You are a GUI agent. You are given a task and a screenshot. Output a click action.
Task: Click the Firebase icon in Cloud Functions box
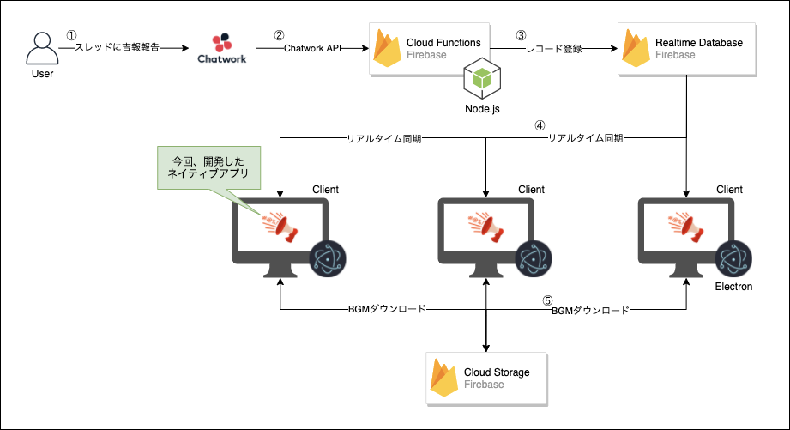pyautogui.click(x=389, y=48)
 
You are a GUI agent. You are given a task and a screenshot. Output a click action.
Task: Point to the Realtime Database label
pyautogui.click(x=698, y=42)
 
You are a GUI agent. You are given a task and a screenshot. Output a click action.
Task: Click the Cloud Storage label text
pyautogui.click(x=497, y=372)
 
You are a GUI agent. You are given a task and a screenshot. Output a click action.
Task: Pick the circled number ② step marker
pyautogui.click(x=279, y=35)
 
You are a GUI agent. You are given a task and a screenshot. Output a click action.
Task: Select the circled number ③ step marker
pyautogui.click(x=520, y=35)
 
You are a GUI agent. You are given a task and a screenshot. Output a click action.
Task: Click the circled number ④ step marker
pyautogui.click(x=540, y=124)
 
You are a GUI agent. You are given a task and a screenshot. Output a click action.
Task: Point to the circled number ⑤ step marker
pyautogui.click(x=546, y=300)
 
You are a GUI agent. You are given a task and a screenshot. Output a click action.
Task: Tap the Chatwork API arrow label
pyautogui.click(x=313, y=49)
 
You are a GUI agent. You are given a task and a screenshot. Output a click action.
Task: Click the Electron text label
pyautogui.click(x=733, y=287)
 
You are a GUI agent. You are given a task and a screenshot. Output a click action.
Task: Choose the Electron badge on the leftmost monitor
pyautogui.click(x=328, y=257)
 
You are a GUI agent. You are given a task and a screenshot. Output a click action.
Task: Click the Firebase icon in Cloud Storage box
pyautogui.click(x=443, y=377)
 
